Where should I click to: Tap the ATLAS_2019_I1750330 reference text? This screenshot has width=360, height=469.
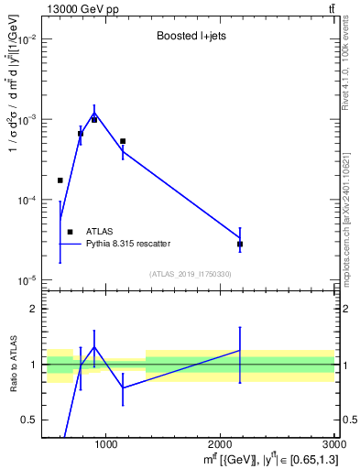point(191,274)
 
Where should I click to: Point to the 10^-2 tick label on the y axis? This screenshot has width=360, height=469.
point(26,40)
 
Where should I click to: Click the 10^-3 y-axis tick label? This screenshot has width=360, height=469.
point(26,120)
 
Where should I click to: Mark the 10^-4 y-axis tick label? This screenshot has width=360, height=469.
point(26,200)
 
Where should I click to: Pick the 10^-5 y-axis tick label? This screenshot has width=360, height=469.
point(26,279)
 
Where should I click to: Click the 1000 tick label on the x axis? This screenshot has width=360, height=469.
point(106,445)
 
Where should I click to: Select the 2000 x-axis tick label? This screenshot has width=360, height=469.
point(221,445)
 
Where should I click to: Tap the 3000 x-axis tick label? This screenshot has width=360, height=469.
point(334,445)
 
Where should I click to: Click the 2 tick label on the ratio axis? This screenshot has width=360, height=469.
point(34,310)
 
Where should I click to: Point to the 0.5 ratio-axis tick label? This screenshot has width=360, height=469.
point(29,420)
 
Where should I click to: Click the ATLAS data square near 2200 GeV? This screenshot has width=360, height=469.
point(240,245)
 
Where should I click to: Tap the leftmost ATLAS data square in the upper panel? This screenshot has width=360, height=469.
point(60,180)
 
